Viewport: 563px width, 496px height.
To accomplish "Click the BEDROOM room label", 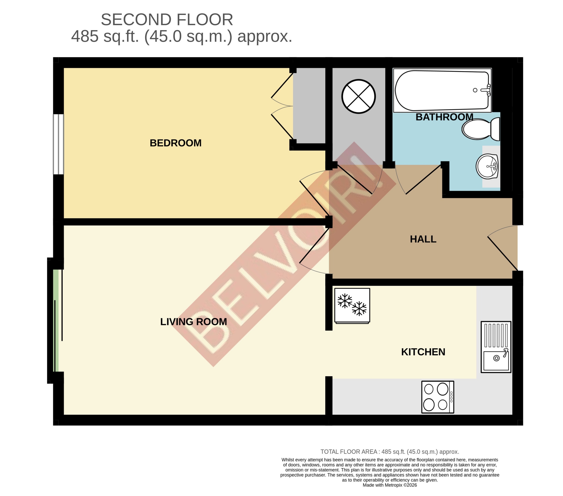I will pyautogui.click(x=175, y=143).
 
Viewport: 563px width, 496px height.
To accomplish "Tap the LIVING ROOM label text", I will pyautogui.click(x=193, y=322).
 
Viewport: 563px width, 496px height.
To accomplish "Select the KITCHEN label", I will pyautogui.click(x=423, y=352).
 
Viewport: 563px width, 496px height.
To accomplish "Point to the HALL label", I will pyautogui.click(x=423, y=239).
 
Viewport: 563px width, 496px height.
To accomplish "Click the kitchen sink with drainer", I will pyautogui.click(x=496, y=347).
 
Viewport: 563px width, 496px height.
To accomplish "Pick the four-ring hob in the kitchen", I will pyautogui.click(x=438, y=397).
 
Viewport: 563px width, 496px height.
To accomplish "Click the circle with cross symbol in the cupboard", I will pyautogui.click(x=359, y=96).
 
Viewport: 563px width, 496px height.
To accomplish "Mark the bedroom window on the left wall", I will pyautogui.click(x=58, y=144).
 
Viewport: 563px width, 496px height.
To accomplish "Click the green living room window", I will pyautogui.click(x=56, y=320).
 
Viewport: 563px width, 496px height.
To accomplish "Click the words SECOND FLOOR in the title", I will pyautogui.click(x=167, y=20).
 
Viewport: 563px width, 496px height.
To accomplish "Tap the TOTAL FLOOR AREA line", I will pyautogui.click(x=389, y=452).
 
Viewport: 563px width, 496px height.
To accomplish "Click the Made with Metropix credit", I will pyautogui.click(x=389, y=485).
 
